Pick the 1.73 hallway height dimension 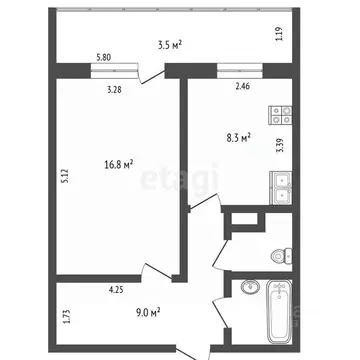tap(65, 318)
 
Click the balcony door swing tap(151, 76)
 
